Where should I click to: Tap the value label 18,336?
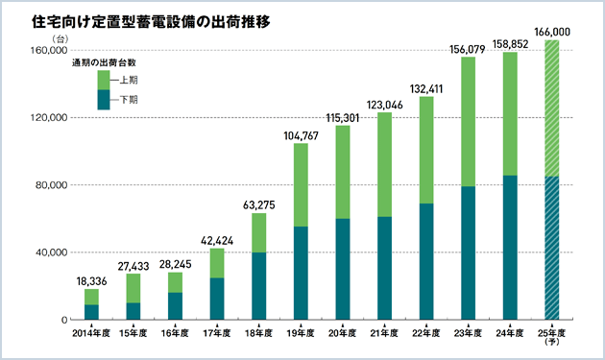pyautogui.click(x=92, y=280)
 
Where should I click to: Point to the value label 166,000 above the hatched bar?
pyautogui.click(x=551, y=32)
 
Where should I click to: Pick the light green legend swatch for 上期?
pyautogui.click(x=104, y=80)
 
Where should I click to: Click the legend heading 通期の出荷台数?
pyautogui.click(x=103, y=62)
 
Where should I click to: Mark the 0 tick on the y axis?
pyautogui.click(x=59, y=320)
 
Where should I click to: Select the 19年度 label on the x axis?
pyautogui.click(x=301, y=333)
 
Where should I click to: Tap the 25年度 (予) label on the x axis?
pyautogui.click(x=551, y=337)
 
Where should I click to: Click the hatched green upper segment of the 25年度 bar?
pyautogui.click(x=551, y=108)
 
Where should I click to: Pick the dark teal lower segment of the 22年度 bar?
pyautogui.click(x=425, y=261)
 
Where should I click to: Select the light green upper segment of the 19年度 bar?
pyautogui.click(x=301, y=184)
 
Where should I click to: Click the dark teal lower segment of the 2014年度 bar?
pyautogui.click(x=92, y=312)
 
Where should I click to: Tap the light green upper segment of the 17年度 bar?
pyautogui.click(x=217, y=263)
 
